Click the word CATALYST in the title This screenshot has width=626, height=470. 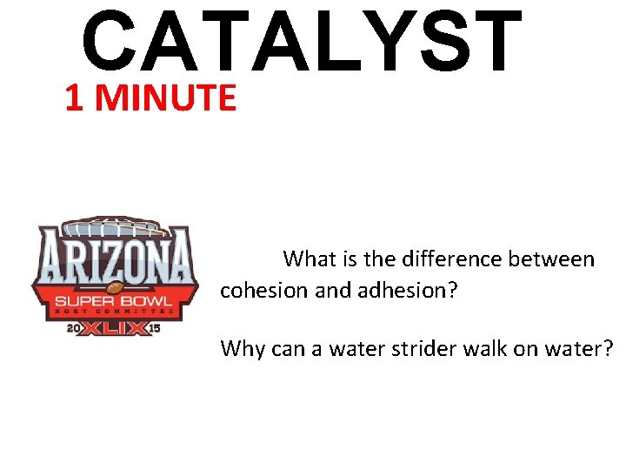coord(302,41)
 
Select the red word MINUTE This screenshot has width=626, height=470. coord(166,99)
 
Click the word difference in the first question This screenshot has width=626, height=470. coord(438,259)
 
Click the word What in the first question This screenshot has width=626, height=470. coord(304,259)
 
